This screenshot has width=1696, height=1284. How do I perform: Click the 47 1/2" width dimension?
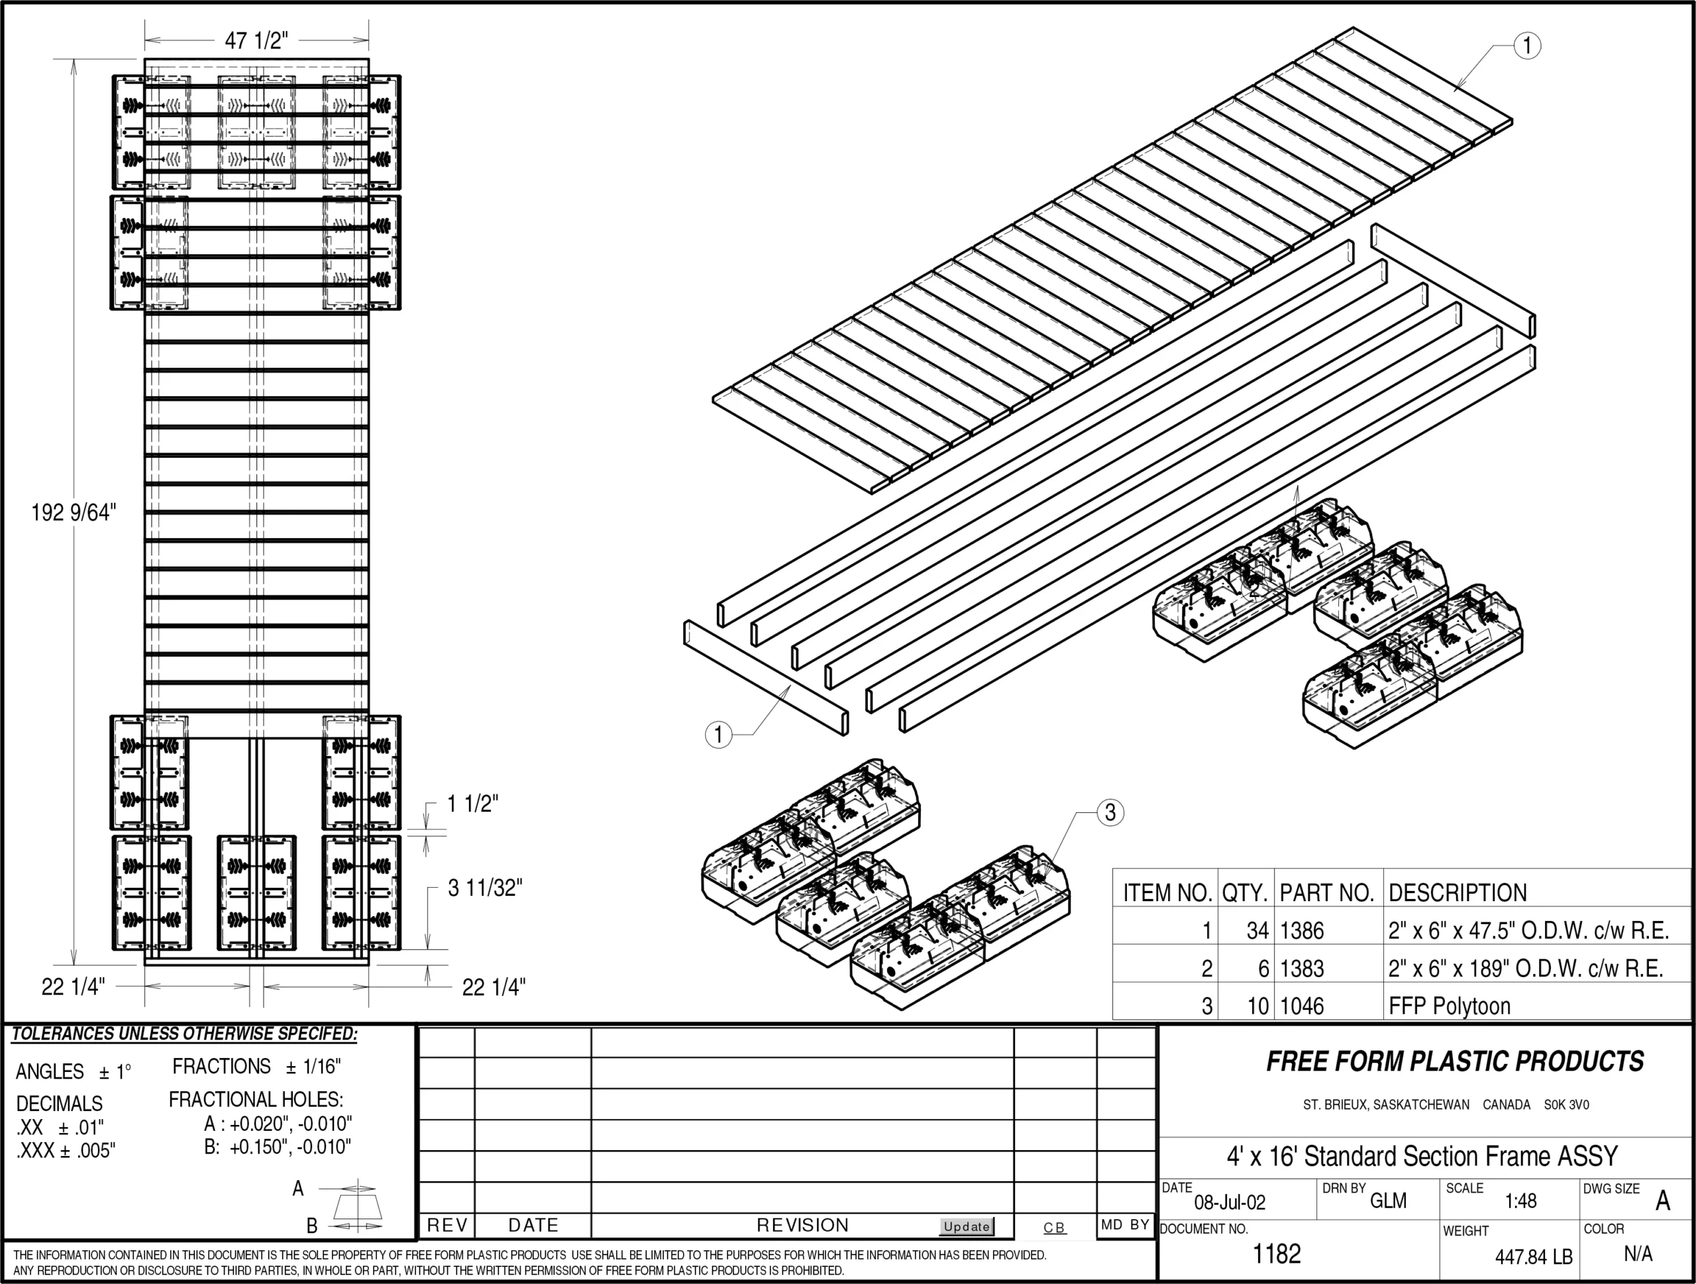coord(256,40)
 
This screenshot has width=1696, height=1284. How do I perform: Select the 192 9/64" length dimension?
coord(74,512)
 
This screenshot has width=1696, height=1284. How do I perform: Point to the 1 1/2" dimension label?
coord(472,804)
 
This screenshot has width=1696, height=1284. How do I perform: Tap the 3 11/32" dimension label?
coord(484,888)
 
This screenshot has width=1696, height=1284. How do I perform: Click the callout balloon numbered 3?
coord(1110,812)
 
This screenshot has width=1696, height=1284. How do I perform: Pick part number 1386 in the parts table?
coord(1302,931)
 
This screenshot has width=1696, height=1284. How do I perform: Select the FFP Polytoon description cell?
coord(1449,1006)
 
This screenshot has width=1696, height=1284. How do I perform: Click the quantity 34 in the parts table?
coord(1257,931)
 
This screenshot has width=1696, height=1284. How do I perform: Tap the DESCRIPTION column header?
coord(1457,892)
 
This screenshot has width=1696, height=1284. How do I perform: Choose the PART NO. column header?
coord(1326,892)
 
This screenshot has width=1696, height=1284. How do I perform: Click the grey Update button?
coord(966,1226)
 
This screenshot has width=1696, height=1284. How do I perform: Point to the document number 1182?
coord(1277,1254)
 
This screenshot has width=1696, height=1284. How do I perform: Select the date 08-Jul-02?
coord(1230,1202)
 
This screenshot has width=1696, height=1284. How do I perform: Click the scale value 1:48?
coord(1520,1201)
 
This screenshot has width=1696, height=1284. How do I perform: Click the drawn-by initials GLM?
coord(1388,1201)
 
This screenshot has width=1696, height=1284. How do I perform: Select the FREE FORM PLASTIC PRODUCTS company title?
coord(1454,1061)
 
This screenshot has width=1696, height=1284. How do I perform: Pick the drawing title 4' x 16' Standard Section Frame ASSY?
coord(1422,1155)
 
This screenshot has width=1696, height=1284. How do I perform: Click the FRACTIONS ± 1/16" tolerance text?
coord(256,1066)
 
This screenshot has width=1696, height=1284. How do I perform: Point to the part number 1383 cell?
coord(1302,968)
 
